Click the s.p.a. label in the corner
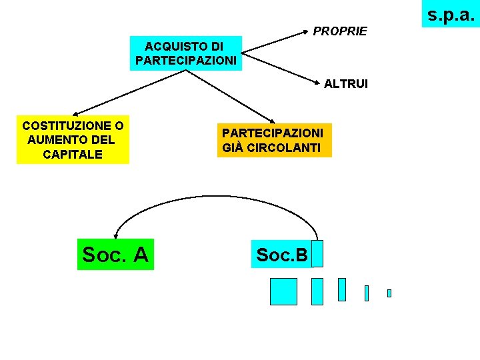tap(451, 14)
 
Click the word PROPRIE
tap(340, 31)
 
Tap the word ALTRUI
tap(346, 84)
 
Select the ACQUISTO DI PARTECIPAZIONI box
tap(185, 53)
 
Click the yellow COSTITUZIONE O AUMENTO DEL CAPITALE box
tap(73, 140)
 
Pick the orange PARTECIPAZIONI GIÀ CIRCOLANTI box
tap(273, 140)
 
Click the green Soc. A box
tap(115, 254)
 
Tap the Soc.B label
tap(282, 255)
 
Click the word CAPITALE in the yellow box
tap(73, 154)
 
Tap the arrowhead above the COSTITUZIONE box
tap(75, 115)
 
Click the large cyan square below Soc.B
tap(283, 291)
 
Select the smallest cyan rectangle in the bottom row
tap(389, 293)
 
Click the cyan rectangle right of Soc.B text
tap(317, 254)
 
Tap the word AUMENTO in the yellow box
tap(71, 140)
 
